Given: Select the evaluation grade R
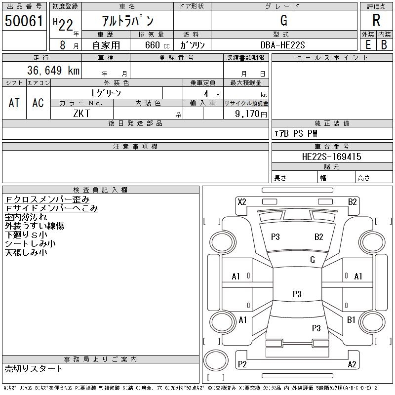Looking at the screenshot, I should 376,21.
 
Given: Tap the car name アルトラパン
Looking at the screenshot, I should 127,21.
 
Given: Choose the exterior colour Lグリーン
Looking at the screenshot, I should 106,93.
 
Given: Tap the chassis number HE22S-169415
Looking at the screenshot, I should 332,157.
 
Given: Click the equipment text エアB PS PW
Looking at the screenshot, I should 296,133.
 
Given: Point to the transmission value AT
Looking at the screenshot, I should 14,103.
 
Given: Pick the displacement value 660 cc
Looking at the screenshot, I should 155,45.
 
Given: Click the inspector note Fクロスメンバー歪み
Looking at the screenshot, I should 47,199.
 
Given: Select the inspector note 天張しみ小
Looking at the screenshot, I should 26,253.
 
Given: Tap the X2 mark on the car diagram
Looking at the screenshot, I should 242,201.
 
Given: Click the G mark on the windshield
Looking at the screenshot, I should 313,259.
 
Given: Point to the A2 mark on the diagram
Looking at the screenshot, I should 352,364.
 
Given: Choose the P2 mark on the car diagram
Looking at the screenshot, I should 242,364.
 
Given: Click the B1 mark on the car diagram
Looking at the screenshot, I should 351,320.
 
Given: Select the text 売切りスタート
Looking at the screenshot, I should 34,368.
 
